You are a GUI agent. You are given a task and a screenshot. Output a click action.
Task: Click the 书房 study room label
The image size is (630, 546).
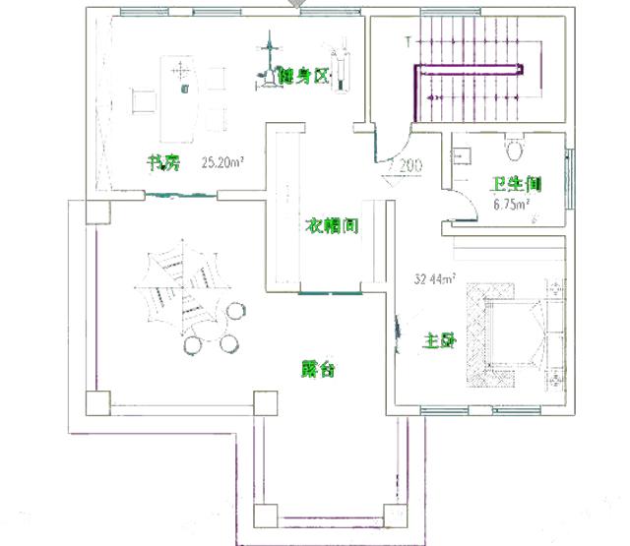point(163,163)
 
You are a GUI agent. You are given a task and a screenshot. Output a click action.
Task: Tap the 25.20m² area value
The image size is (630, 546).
point(222,163)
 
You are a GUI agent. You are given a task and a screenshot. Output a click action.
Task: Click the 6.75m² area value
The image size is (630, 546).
point(512,205)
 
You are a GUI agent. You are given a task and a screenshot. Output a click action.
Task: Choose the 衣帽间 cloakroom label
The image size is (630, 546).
point(330,225)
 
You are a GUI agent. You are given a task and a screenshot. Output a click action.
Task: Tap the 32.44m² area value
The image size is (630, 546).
point(434,280)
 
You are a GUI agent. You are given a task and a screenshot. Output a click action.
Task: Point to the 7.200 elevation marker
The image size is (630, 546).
point(405,165)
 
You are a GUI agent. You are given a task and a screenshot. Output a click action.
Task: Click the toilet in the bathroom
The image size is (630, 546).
point(513,150)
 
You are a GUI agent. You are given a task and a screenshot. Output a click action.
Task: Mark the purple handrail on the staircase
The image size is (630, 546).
point(468,69)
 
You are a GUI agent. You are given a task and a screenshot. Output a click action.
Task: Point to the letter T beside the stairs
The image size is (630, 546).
point(408,42)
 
